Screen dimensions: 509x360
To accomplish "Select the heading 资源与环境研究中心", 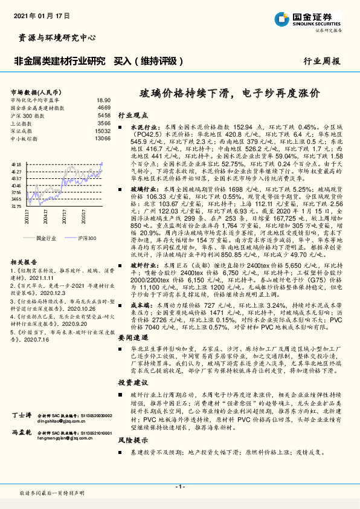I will [54, 37].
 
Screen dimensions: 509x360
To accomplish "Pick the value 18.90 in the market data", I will [103, 100].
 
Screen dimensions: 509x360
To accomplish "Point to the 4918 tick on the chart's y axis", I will [16, 164].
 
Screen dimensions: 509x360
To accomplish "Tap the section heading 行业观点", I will [130, 114].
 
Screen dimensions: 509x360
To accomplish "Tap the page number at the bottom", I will [179, 487].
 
